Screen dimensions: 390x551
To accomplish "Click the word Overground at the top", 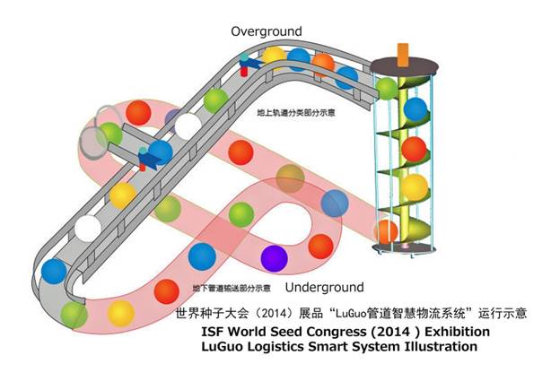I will coord(267,31).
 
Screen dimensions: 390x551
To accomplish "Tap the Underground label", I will coord(324,288).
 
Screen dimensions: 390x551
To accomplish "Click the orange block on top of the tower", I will coord(401,52).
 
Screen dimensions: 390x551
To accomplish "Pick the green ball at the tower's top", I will coord(387,89).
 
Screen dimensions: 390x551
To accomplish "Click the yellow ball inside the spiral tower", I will coord(414,187).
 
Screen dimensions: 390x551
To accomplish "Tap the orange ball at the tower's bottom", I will coord(385,231).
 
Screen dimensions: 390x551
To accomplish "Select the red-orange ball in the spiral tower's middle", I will coord(413,149).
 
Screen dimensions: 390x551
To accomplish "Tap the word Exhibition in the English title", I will coord(456,331).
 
